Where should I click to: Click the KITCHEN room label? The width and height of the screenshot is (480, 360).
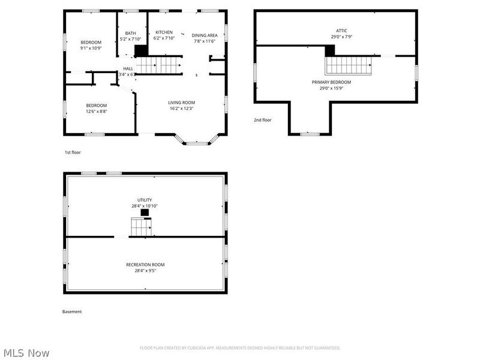click(164, 32)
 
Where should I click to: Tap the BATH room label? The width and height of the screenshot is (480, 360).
click(130, 33)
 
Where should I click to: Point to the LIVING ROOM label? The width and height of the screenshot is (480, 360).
click(181, 103)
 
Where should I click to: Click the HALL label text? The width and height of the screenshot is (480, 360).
click(128, 69)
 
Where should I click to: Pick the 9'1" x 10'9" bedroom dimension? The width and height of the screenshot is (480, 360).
click(91, 48)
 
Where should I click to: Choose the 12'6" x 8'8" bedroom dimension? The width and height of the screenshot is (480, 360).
click(97, 112)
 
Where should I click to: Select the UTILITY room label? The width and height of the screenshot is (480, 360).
click(145, 200)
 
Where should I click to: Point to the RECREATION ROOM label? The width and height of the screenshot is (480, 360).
click(145, 265)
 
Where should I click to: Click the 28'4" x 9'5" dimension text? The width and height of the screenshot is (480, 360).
click(145, 271)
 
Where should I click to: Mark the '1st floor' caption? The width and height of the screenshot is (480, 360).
click(73, 152)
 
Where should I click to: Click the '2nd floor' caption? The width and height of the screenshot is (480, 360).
click(262, 120)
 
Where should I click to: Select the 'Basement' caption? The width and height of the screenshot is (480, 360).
click(72, 311)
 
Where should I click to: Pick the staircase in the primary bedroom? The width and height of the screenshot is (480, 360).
click(349, 65)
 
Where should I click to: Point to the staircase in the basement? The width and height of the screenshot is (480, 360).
click(142, 227)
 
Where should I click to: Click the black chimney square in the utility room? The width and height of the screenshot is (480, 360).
click(145, 212)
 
